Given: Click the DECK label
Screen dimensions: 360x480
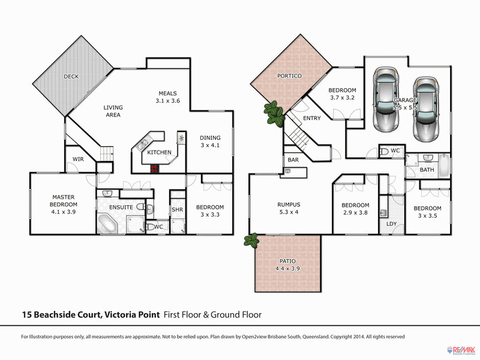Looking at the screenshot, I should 71,76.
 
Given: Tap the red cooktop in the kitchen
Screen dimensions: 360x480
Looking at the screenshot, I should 155,169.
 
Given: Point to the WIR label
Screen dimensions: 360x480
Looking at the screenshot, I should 78,160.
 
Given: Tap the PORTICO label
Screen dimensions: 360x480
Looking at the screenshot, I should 289,76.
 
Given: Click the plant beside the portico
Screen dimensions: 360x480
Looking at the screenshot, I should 274,113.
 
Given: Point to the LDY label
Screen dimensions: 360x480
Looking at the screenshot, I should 392,224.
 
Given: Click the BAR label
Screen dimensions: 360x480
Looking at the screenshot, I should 293,160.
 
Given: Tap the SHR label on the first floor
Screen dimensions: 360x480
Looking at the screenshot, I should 177,209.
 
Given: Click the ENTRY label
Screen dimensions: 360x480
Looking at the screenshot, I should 312,118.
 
